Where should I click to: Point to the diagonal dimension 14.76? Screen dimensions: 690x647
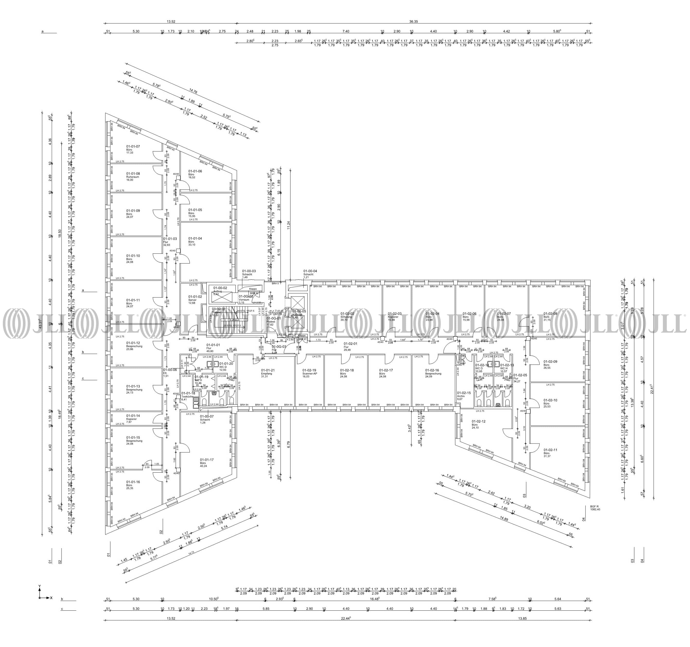193,92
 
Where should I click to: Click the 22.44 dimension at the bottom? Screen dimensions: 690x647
346,618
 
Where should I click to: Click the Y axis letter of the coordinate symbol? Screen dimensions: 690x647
40,586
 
